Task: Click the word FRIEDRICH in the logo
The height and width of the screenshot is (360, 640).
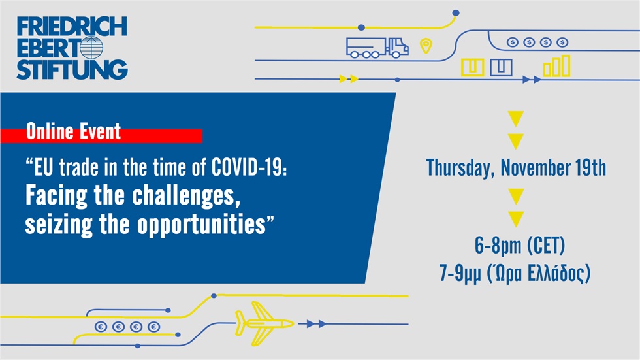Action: (x=72, y=27)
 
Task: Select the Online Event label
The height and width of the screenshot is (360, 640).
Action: (x=73, y=132)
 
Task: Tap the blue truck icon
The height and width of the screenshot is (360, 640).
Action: (x=377, y=47)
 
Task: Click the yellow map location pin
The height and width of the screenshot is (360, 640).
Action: (x=426, y=46)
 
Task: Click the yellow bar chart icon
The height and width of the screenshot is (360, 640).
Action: (x=556, y=66)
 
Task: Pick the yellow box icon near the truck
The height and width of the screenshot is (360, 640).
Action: (x=472, y=67)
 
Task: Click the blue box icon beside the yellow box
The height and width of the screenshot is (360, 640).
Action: (x=501, y=67)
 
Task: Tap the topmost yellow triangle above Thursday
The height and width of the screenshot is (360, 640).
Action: (x=516, y=119)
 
